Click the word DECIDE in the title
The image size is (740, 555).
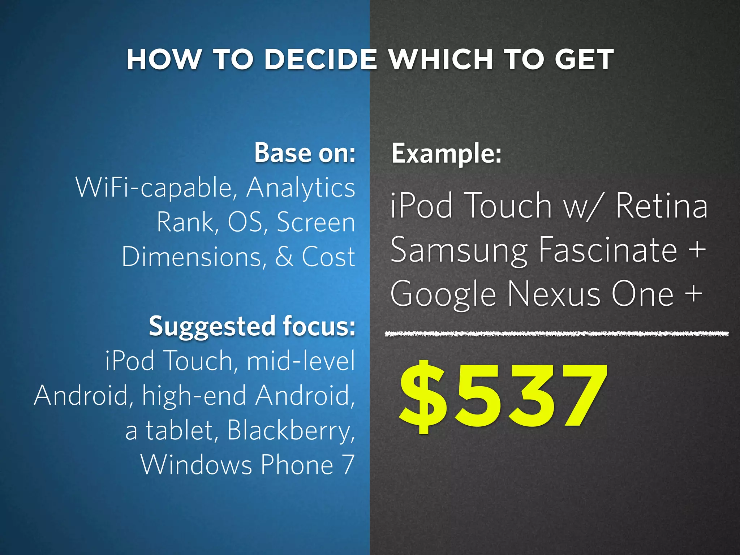pos(321,59)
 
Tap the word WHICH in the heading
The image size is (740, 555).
pos(441,59)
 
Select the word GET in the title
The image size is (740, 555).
pos(584,59)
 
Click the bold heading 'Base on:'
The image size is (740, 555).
pos(305,153)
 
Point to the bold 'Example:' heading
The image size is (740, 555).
pos(447,154)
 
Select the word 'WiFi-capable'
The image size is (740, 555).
pos(156,188)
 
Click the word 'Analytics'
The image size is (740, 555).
pos(301,188)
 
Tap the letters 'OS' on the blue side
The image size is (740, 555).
pos(245,222)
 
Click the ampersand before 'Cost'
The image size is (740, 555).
pos(284,257)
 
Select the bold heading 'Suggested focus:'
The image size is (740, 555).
pos(252,326)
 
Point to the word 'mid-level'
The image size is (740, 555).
pos(301,361)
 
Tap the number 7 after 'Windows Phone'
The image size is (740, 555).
pos(347,465)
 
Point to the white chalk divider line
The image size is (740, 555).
pos(556,334)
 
